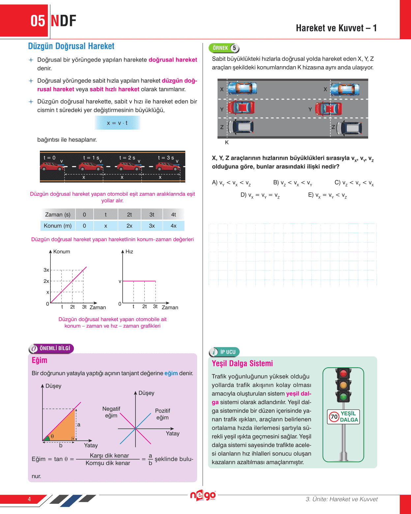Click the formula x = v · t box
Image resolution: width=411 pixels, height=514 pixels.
click(x=117, y=123)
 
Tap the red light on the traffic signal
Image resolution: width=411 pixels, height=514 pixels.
click(x=343, y=374)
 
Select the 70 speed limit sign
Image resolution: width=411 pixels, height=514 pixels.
click(x=334, y=417)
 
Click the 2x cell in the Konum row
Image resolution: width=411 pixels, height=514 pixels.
click(x=129, y=226)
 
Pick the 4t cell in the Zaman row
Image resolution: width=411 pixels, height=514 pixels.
click(x=173, y=215)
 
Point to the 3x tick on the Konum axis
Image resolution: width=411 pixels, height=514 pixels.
click(x=46, y=270)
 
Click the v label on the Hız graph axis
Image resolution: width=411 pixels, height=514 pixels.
click(x=120, y=281)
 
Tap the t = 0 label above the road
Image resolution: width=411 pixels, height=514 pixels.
click(x=49, y=158)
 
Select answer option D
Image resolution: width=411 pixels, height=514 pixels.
click(x=260, y=195)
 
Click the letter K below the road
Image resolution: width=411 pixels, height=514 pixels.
click(x=227, y=142)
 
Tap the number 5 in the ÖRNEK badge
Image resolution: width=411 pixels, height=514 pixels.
click(x=234, y=48)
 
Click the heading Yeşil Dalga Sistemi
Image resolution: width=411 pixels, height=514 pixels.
click(x=242, y=363)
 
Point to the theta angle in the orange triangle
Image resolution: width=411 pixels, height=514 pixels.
click(x=52, y=436)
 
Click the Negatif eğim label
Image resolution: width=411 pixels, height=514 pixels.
click(x=111, y=412)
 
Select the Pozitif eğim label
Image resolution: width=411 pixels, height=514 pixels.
click(x=162, y=414)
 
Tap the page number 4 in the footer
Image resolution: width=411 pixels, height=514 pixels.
click(x=29, y=499)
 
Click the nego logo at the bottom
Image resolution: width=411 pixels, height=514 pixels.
click(x=203, y=496)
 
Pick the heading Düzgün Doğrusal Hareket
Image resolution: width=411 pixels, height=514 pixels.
click(x=71, y=46)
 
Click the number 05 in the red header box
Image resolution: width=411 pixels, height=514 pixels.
click(x=38, y=21)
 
